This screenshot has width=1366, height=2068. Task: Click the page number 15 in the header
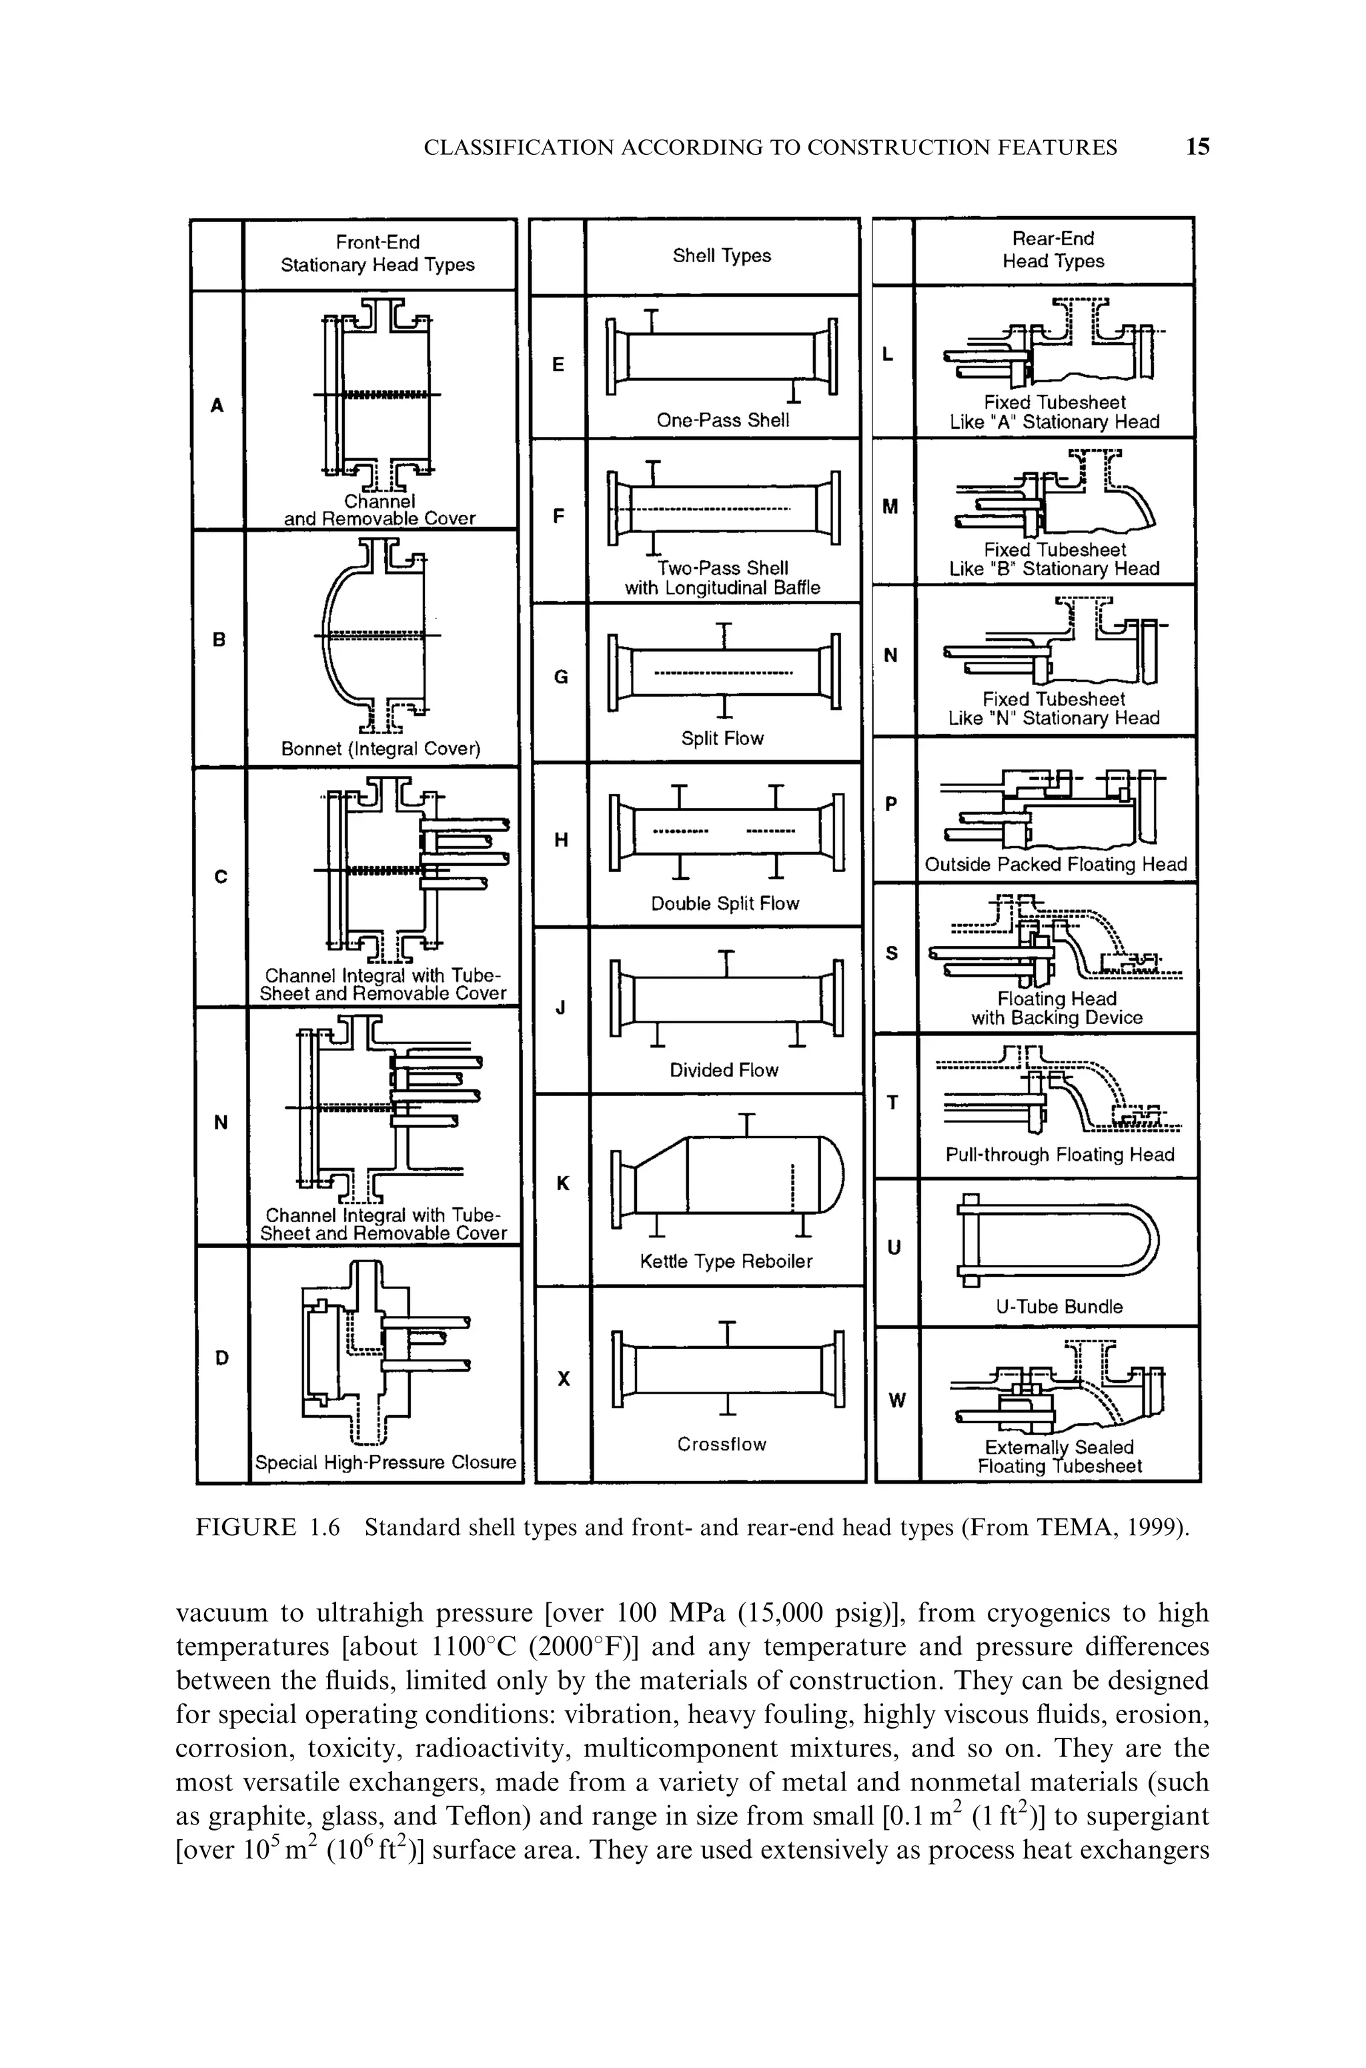click(1198, 147)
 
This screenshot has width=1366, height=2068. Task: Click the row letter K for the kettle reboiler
click(563, 1183)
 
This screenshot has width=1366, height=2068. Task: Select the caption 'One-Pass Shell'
click(723, 421)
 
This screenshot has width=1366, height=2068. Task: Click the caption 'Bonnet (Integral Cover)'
click(381, 749)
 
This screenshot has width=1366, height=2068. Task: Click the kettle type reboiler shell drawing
click(728, 1176)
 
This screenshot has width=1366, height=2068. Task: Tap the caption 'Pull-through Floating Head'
click(1059, 1154)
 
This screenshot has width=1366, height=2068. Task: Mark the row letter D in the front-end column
click(222, 1357)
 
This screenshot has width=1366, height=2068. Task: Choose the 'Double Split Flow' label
click(725, 903)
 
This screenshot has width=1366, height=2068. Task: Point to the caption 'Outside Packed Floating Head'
click(1056, 864)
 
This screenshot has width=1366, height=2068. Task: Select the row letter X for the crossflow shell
click(564, 1379)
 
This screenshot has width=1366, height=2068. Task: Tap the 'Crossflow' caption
click(722, 1444)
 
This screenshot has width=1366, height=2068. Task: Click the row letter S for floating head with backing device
click(891, 954)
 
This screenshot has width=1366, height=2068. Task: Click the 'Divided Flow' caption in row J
click(723, 1070)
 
